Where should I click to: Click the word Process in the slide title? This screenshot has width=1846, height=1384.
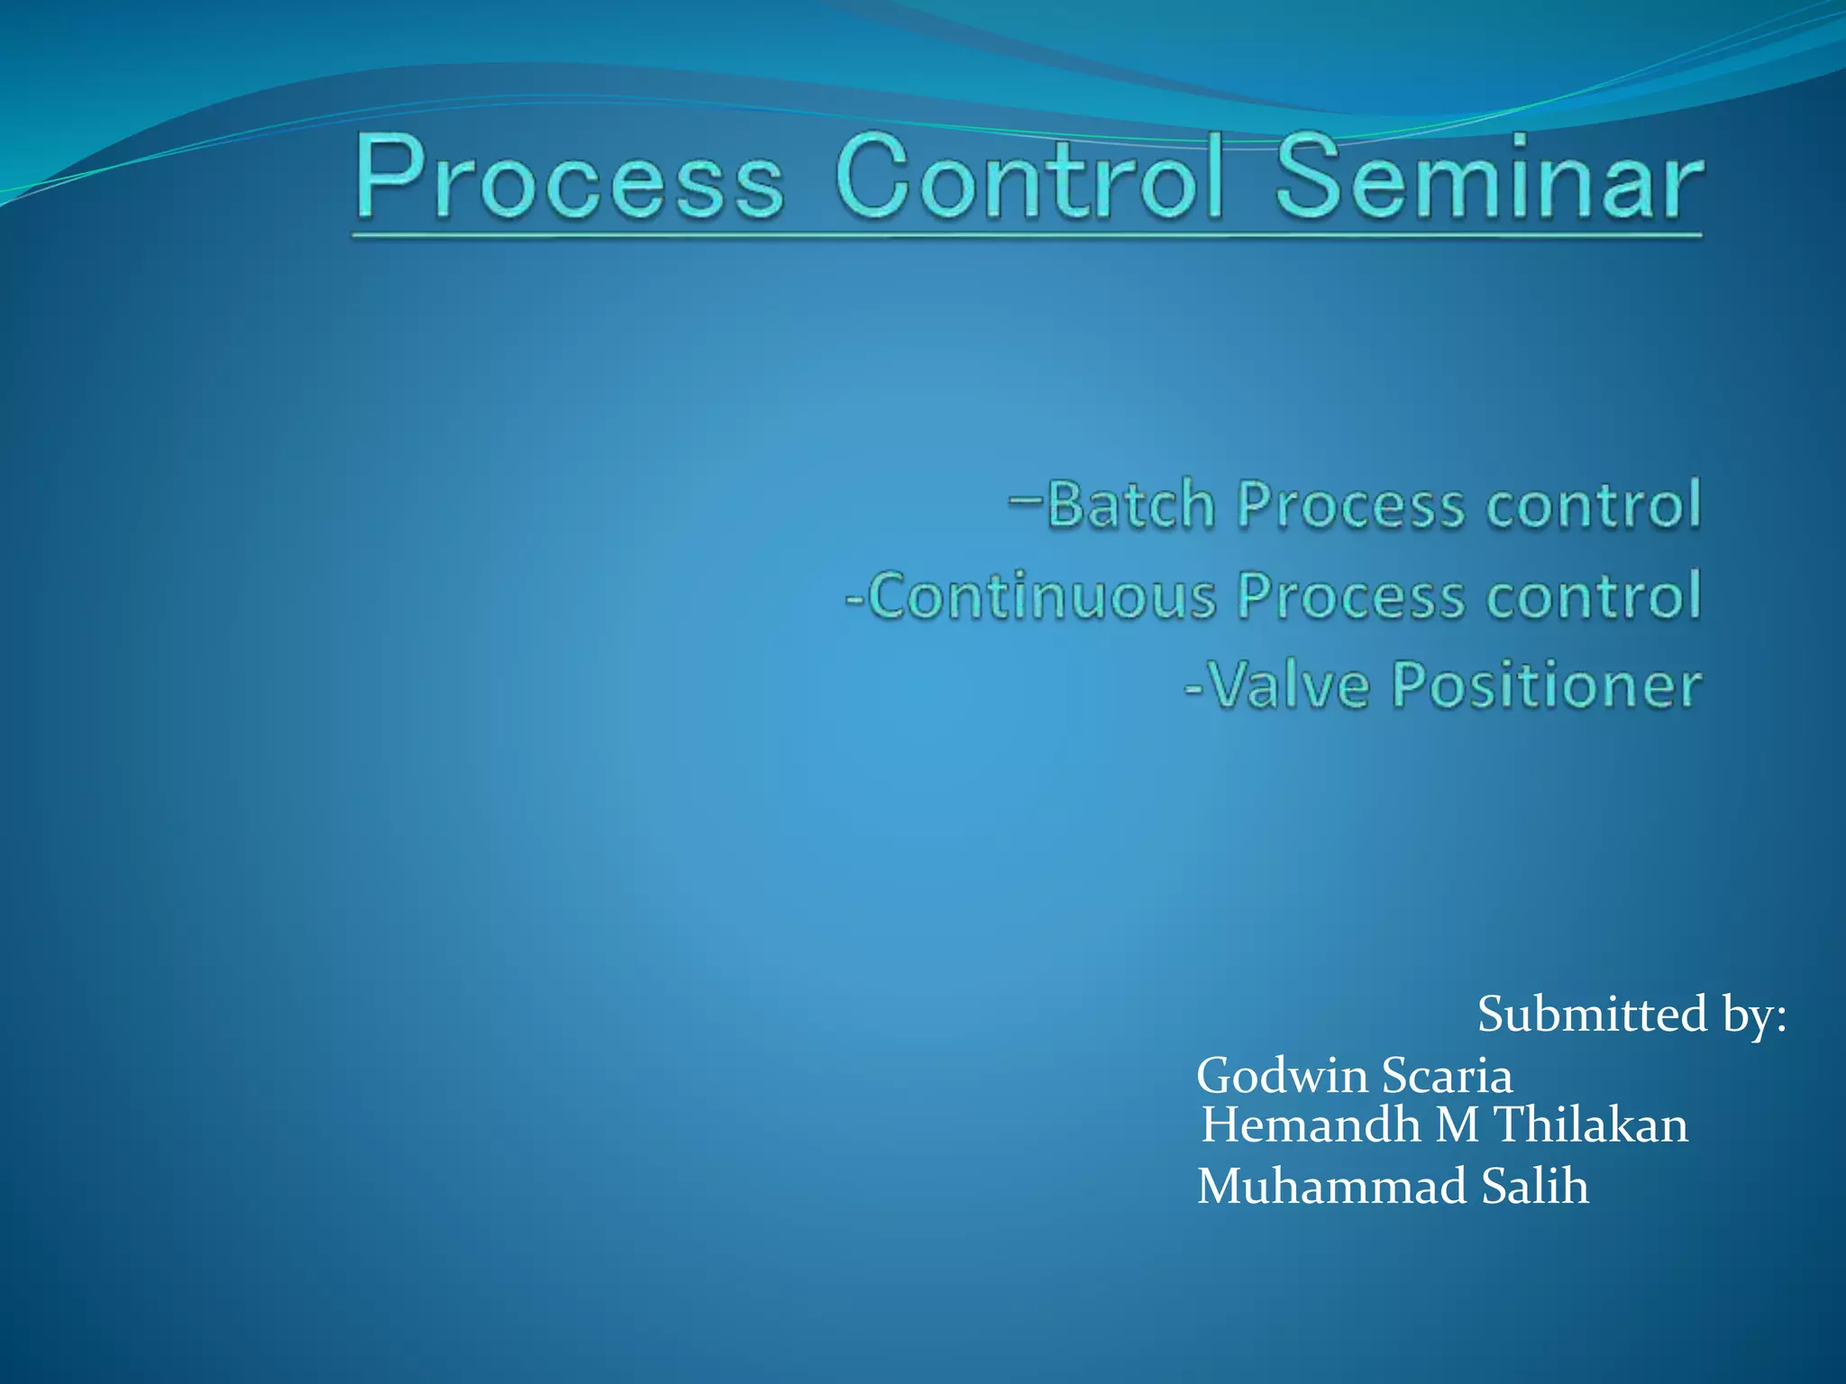(x=570, y=178)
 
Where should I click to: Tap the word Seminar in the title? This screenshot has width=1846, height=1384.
(x=1488, y=177)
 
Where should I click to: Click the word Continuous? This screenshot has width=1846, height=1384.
(x=1041, y=596)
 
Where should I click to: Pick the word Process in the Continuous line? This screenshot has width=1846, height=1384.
(x=1350, y=596)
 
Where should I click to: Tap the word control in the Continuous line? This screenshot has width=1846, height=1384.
(x=1594, y=596)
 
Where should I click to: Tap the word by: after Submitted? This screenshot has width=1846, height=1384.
(x=1754, y=1016)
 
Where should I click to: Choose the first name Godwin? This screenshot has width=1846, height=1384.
(x=1283, y=1076)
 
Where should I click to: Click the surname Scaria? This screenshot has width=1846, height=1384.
(x=1447, y=1076)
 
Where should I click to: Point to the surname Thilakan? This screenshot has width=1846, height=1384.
(x=1591, y=1125)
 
